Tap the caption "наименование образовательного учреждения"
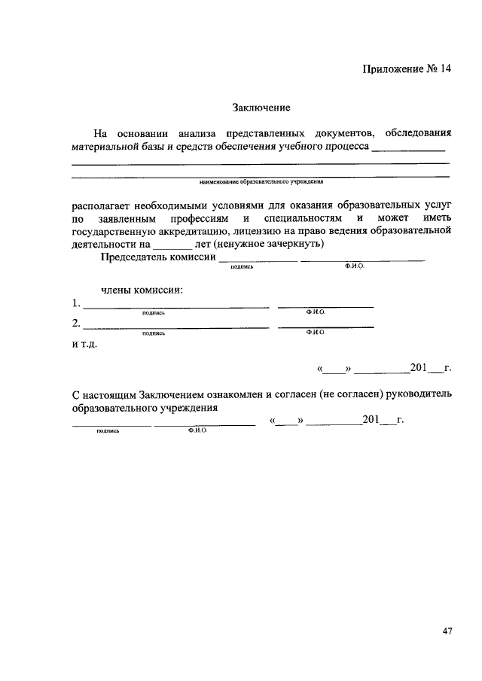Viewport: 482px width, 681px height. click(261, 181)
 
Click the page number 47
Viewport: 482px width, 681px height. click(447, 631)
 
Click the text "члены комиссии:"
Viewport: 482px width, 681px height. click(142, 290)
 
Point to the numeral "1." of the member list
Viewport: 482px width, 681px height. click(76, 304)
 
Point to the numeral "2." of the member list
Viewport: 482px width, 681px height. click(76, 324)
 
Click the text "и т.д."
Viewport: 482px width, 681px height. click(84, 345)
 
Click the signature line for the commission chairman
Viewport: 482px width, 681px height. click(257, 260)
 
